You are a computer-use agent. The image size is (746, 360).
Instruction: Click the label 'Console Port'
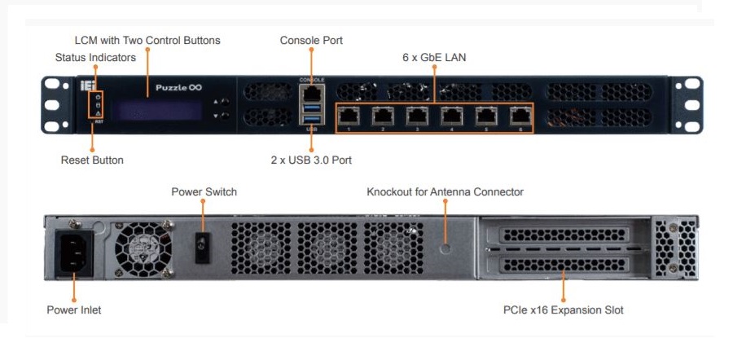(311, 40)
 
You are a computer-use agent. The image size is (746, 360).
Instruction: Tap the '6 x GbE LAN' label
(434, 58)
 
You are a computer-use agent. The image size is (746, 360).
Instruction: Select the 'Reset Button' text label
(92, 160)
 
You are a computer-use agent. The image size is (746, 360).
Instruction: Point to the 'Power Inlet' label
(73, 310)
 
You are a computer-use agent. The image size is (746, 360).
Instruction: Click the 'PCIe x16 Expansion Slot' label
(564, 310)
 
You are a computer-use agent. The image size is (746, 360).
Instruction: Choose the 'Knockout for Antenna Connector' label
(445, 192)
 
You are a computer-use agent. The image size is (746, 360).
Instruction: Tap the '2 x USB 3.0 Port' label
(311, 160)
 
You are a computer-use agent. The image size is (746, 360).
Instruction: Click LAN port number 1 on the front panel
(348, 116)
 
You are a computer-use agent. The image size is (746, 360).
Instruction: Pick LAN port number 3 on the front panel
(416, 116)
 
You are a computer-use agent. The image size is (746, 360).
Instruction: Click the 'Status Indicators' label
(94, 58)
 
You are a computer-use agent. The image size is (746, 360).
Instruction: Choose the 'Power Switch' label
(204, 192)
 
